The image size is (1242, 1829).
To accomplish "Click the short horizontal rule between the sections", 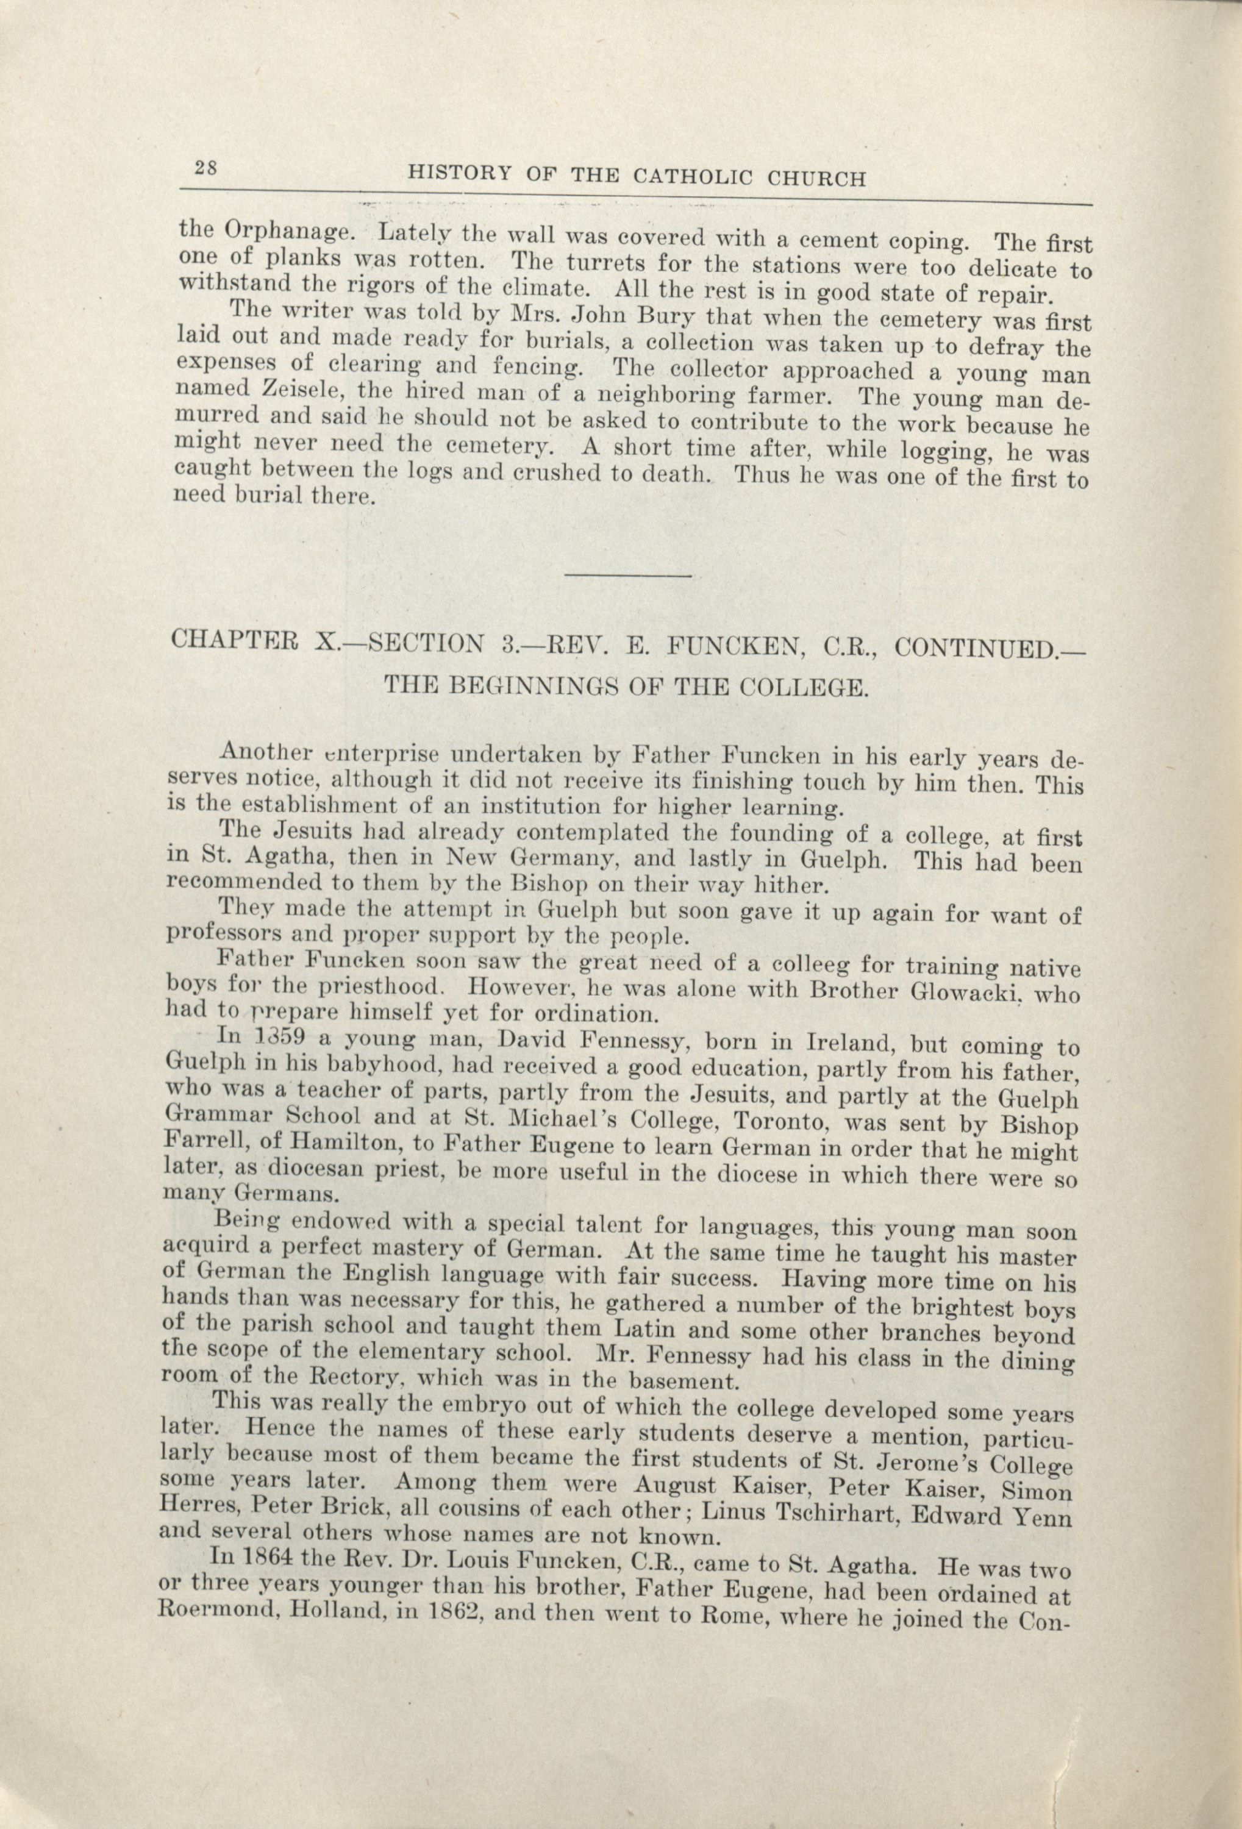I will [x=628, y=577].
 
